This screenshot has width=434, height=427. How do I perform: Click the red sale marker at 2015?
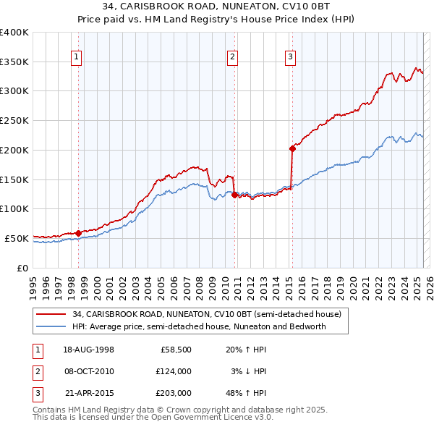292,148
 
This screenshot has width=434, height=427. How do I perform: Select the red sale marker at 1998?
78,233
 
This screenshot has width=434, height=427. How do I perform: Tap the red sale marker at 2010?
234,195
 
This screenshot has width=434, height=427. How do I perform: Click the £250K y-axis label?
14,120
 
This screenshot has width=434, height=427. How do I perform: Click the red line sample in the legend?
50,314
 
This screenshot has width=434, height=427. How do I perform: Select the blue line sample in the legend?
50,326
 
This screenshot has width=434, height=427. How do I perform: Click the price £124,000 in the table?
174,371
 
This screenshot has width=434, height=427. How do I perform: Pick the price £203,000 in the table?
174,393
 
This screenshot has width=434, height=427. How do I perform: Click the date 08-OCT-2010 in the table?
90,371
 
